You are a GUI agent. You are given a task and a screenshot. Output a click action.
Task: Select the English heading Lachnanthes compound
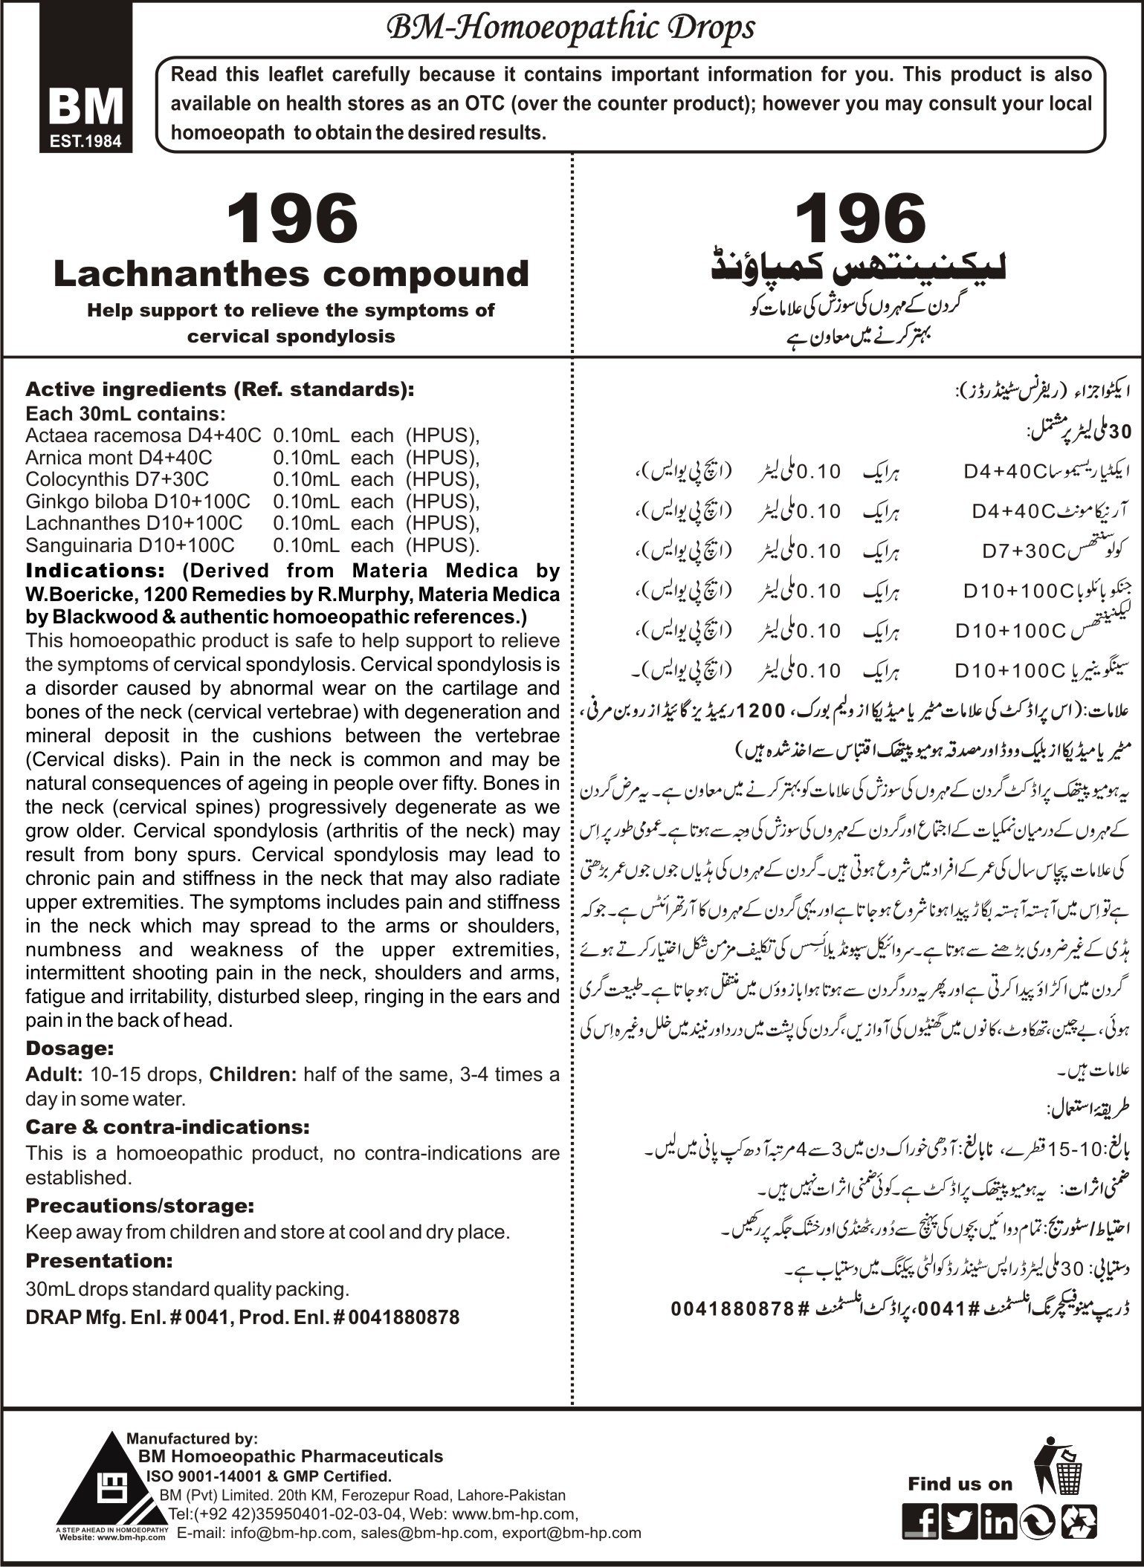(x=291, y=274)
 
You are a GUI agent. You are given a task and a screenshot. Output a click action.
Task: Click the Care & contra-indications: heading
(x=167, y=1126)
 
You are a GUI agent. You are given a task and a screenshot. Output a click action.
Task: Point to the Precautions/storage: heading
(x=129, y=1204)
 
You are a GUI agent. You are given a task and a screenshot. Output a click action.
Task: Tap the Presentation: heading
(x=99, y=1261)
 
